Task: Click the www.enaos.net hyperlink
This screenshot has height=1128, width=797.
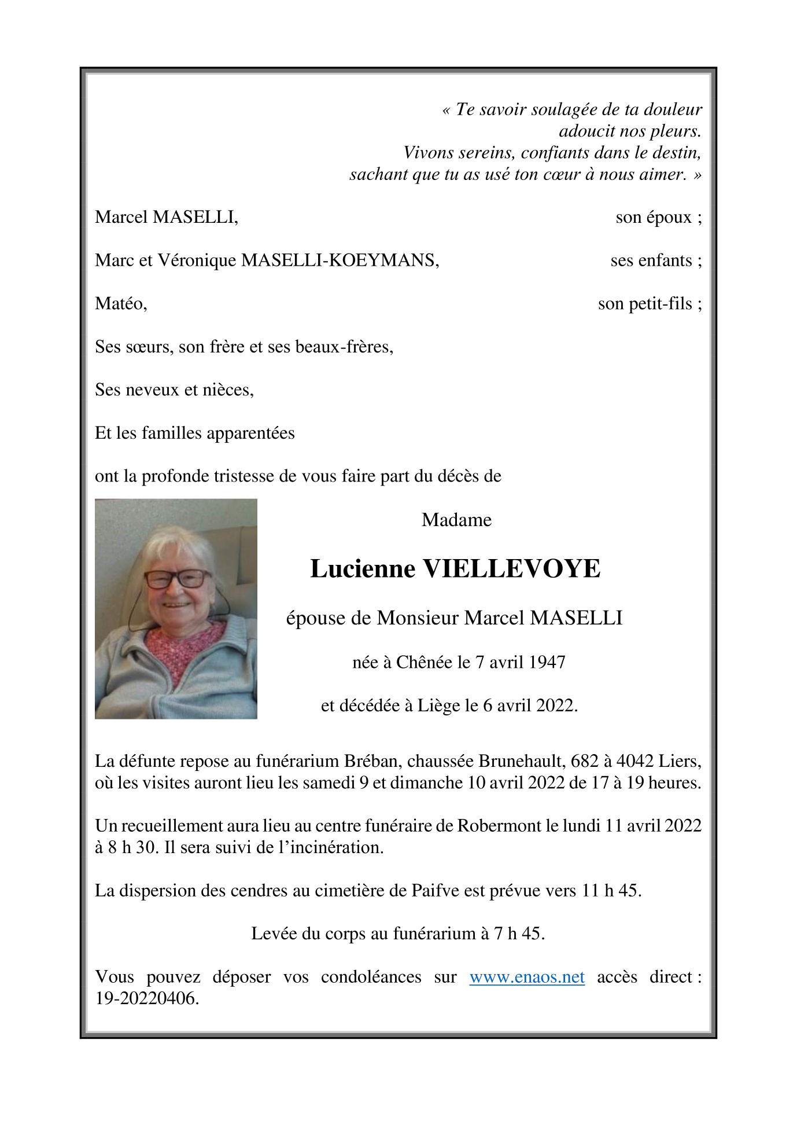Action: (526, 978)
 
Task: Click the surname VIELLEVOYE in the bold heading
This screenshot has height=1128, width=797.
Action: (512, 568)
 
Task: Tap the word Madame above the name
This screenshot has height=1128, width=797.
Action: (456, 520)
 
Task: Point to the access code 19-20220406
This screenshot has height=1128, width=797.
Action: (147, 999)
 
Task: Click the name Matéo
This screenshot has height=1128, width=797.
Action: (120, 303)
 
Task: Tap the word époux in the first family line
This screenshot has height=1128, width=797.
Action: (669, 218)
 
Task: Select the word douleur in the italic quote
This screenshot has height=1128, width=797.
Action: (673, 109)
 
